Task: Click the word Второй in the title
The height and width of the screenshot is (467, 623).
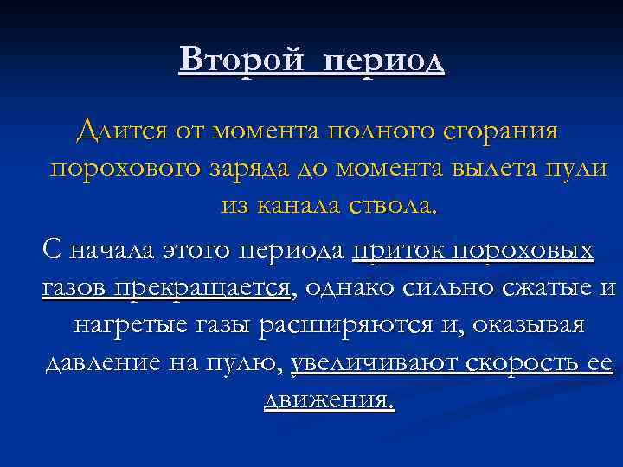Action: [235, 61]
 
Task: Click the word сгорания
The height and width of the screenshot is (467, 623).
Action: [506, 132]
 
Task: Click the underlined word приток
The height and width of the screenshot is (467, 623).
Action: [401, 252]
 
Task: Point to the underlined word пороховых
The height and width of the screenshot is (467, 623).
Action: [528, 252]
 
